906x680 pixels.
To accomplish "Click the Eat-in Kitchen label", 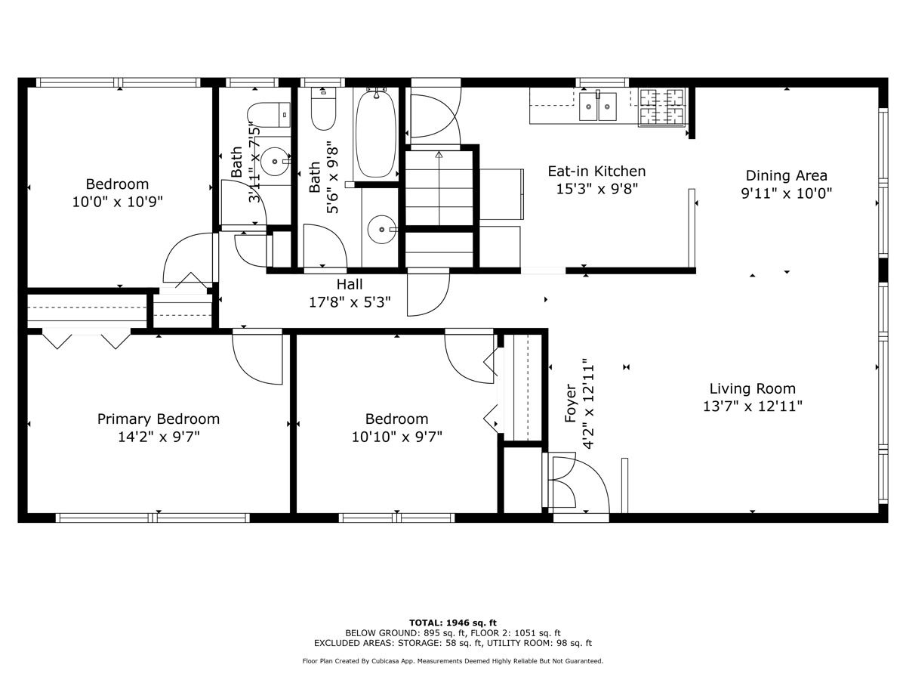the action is (x=596, y=172).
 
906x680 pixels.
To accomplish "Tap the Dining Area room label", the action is (x=786, y=176).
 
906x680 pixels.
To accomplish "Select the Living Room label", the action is (x=753, y=389).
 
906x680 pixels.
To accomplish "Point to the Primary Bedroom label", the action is (x=159, y=419).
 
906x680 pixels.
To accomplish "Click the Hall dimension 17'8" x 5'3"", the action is (x=350, y=303).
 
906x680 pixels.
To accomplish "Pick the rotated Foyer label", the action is (x=571, y=403).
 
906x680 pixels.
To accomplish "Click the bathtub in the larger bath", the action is (x=375, y=134).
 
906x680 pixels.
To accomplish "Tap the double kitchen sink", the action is (x=598, y=106).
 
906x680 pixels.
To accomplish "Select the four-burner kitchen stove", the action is (x=661, y=107).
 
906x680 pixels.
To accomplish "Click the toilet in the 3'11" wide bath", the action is (x=269, y=115).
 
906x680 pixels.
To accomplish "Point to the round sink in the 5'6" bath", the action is (x=381, y=229).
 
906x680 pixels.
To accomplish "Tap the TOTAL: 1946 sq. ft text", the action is (x=453, y=623).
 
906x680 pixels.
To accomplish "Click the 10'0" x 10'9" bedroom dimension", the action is (x=118, y=202).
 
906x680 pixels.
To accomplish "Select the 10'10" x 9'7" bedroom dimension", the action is (x=396, y=437).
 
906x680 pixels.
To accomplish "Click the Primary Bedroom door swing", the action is (x=257, y=357).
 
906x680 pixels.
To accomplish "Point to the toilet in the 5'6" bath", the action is (x=323, y=109).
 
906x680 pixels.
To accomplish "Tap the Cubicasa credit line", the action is (x=453, y=661).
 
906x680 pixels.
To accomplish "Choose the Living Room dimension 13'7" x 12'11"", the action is (x=753, y=406).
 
